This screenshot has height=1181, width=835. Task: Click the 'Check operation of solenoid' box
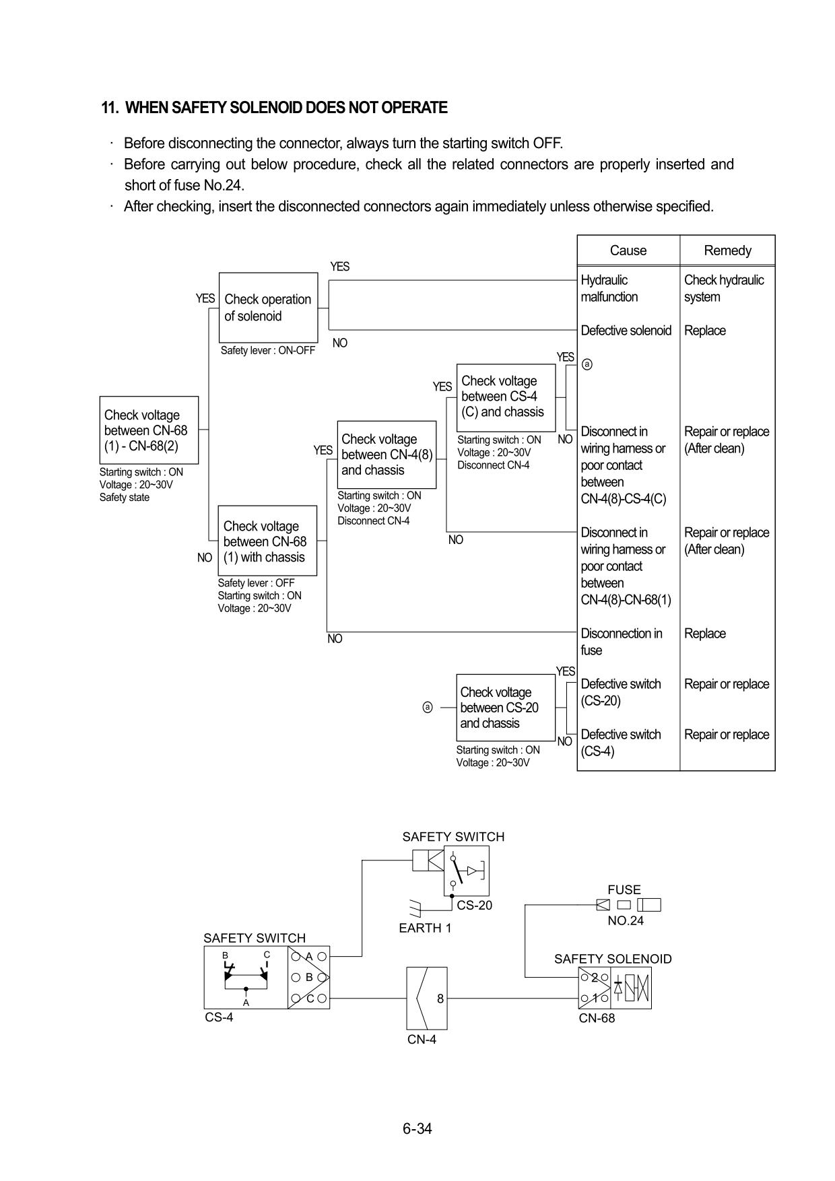(x=268, y=308)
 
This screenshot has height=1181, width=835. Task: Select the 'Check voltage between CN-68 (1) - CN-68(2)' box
(x=149, y=430)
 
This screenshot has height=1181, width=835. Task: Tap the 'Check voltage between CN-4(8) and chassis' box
(x=387, y=454)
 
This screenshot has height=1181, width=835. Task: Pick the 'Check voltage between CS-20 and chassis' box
(x=506, y=708)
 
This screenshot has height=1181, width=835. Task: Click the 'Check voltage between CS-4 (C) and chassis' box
(x=506, y=397)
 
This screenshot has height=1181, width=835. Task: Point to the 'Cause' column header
(x=628, y=250)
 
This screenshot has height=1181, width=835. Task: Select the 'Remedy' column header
(x=727, y=250)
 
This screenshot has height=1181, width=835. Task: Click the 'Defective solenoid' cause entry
(x=626, y=331)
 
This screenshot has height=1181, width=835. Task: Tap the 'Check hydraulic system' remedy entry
(x=724, y=288)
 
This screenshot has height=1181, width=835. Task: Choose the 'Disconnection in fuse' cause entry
(x=621, y=642)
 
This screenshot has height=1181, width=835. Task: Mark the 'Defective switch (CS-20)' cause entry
(x=620, y=692)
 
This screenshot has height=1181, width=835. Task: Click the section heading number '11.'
(x=110, y=108)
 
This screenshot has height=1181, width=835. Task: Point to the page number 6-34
(x=417, y=1128)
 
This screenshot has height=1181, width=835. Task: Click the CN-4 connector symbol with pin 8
(x=426, y=998)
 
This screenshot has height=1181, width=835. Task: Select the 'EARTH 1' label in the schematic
(x=425, y=928)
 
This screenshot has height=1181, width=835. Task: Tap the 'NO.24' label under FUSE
(x=626, y=921)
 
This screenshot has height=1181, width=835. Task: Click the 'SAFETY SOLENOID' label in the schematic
(x=613, y=959)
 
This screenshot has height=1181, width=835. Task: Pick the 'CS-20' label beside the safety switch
(x=474, y=906)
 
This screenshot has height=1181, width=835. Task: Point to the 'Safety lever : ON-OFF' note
(x=268, y=351)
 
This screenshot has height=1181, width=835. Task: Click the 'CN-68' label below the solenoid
(x=597, y=1018)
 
